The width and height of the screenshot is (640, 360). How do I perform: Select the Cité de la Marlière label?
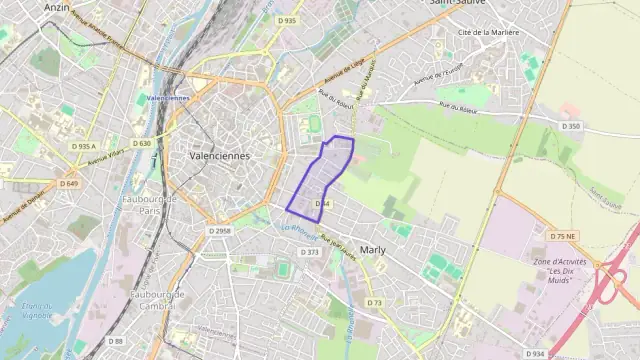click(x=488, y=32)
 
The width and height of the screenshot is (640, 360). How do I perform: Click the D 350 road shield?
click(x=571, y=126)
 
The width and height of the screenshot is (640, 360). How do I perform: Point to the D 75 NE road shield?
click(x=563, y=236)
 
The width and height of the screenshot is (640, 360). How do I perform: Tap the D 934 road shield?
click(x=536, y=352)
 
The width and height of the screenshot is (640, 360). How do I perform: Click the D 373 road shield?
click(x=311, y=252)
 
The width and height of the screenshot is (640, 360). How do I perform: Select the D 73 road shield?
click(x=374, y=302)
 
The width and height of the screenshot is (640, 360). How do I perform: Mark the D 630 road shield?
click(x=140, y=143)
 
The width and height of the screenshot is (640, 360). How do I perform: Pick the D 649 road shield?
click(x=68, y=183)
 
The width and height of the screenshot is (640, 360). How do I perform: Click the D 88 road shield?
click(x=116, y=341)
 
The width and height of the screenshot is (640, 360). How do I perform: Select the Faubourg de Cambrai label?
click(x=155, y=300)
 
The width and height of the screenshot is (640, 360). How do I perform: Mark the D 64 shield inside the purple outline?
click(x=322, y=203)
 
